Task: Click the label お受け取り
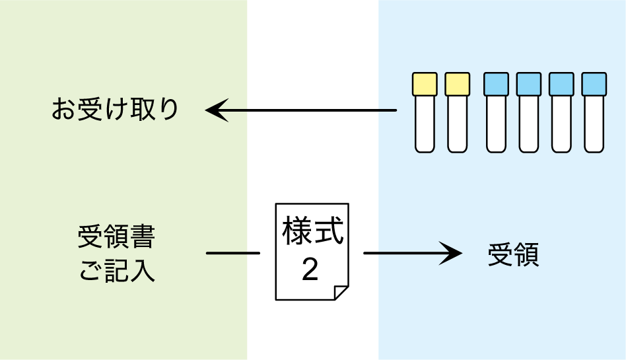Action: tap(115, 110)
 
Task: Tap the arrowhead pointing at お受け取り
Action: tap(215, 110)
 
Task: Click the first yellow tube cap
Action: tap(425, 84)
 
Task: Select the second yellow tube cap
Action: tap(457, 84)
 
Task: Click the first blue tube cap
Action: tap(496, 84)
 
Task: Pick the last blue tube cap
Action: tap(594, 84)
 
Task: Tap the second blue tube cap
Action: tap(528, 84)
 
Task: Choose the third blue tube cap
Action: tap(561, 84)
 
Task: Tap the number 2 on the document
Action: tap(310, 270)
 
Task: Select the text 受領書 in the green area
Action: tap(116, 237)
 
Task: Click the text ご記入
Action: tap(117, 271)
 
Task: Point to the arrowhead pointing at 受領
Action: tap(452, 253)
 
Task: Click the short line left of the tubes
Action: tap(388, 110)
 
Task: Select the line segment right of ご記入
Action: tap(226, 253)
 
